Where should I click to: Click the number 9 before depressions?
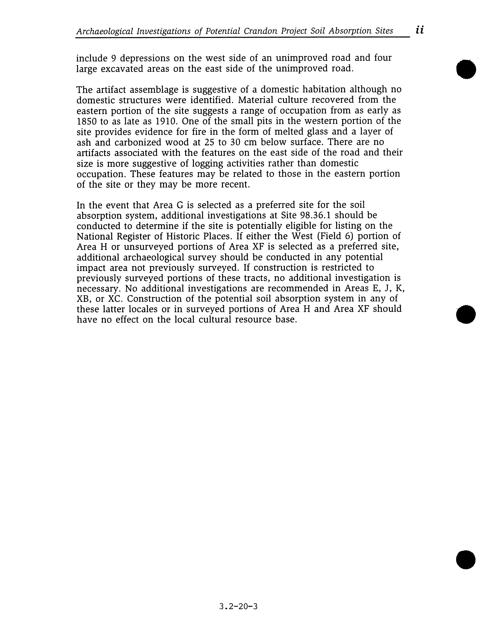(x=113, y=58)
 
